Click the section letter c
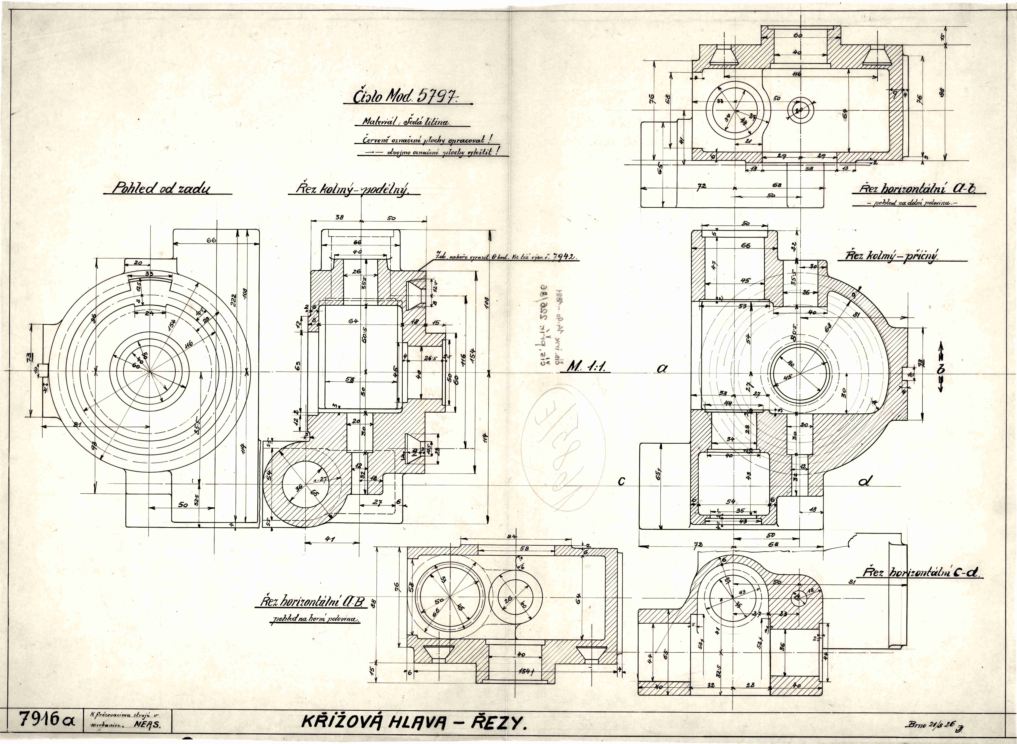[622, 482]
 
